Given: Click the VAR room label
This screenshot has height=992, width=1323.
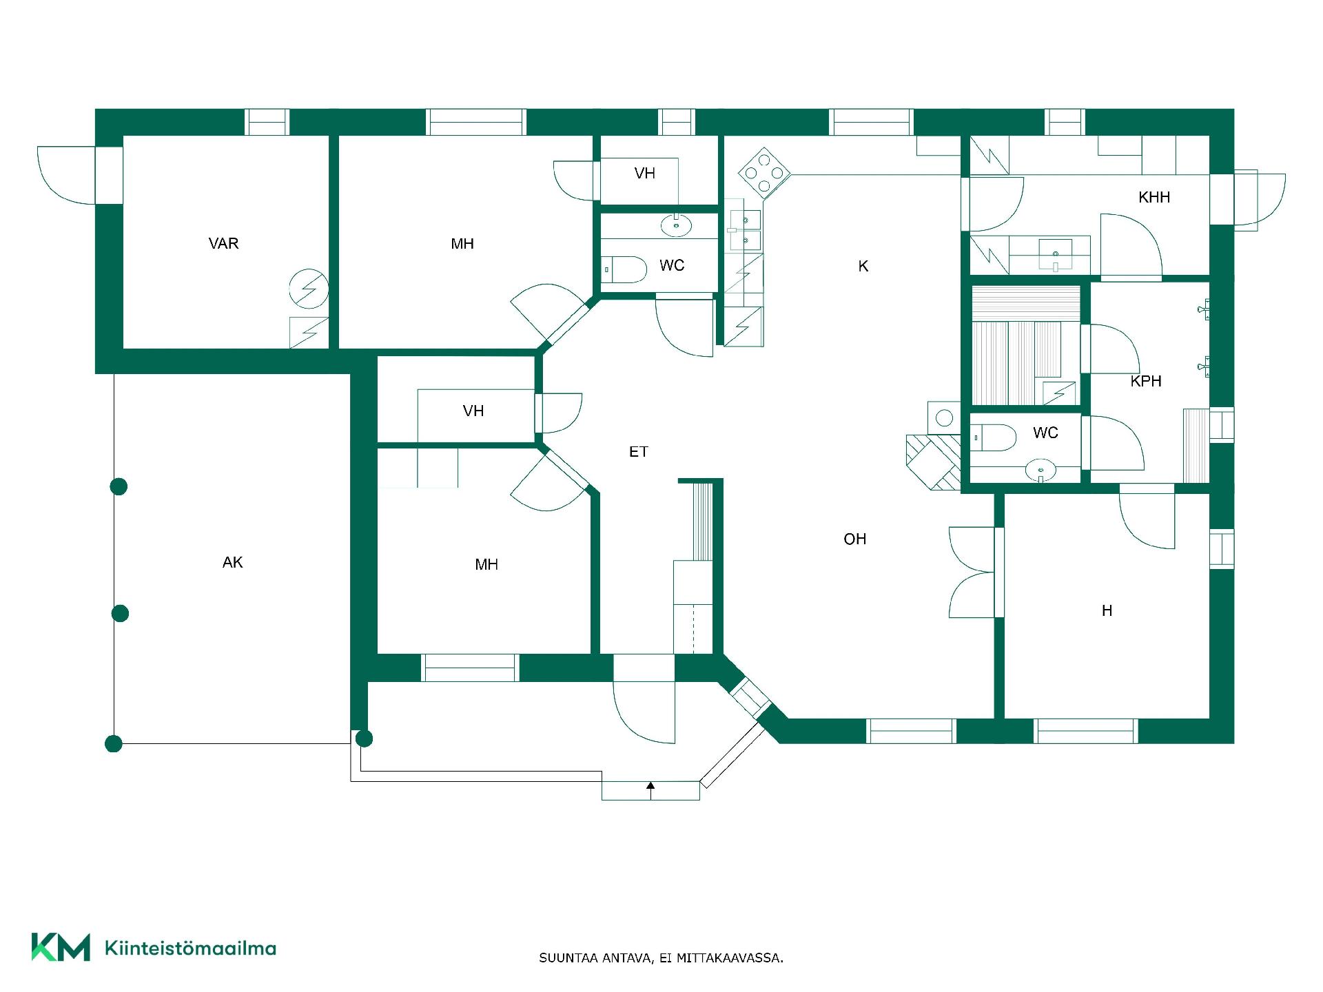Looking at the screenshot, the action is pos(223,243).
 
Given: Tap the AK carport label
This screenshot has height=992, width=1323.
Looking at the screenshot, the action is pos(233,562).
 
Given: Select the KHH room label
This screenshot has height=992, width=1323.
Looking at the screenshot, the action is pos(1154,197).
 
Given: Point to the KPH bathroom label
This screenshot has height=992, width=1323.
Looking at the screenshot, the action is pos(1146,381).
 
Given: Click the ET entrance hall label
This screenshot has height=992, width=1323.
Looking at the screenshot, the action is pos(639,452).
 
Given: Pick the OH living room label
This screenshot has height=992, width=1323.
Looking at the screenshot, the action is pos(855,539).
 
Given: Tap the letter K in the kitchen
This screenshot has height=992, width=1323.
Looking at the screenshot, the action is pos(863,266).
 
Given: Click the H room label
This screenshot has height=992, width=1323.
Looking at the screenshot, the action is pos(1107,610).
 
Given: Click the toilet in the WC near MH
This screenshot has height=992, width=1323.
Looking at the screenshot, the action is pos(624,269).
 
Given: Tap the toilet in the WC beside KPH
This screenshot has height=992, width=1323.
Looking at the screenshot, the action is pos(994,437).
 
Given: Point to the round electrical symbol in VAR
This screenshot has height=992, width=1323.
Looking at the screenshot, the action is pos(308,289).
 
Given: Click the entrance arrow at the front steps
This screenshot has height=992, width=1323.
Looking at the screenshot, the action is pos(650,790).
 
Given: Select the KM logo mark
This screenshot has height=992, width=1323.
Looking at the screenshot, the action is pos(61,947).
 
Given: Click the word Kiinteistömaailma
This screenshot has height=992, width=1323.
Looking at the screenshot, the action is pos(190,948).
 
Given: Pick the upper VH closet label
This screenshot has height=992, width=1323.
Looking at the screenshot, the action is pos(645,173).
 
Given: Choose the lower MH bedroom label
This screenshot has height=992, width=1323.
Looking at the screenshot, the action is pos(486,564).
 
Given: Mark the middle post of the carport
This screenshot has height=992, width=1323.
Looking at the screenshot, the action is pos(120,613).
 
